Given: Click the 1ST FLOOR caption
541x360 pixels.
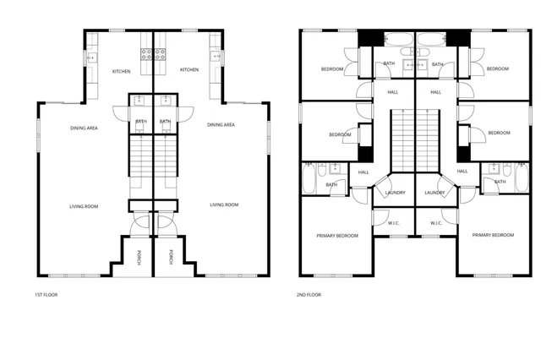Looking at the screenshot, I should (x=46, y=295).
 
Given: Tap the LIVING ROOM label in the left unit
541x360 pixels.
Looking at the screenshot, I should (x=84, y=206).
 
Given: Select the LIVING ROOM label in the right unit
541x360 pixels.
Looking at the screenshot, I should (x=224, y=205).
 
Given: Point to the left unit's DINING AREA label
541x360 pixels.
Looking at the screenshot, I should (x=84, y=128).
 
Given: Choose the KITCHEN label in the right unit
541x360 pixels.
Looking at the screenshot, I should (x=189, y=69).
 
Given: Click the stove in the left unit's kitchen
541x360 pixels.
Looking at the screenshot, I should (x=145, y=56).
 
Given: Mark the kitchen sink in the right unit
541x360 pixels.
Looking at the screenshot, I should (x=216, y=57).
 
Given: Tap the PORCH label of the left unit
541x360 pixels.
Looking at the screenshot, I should (x=140, y=257).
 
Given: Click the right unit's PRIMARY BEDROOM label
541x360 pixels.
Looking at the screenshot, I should (x=493, y=235).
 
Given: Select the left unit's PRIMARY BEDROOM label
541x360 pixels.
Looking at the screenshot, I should (x=336, y=235).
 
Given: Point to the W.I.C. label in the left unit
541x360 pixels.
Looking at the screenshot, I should (x=394, y=223).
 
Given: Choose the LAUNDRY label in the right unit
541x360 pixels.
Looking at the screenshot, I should (x=434, y=193).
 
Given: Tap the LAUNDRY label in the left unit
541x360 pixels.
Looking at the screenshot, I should (x=395, y=193).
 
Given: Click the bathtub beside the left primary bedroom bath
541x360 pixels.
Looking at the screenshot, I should (x=309, y=178).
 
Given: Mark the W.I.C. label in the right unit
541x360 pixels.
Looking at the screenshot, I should (x=436, y=223).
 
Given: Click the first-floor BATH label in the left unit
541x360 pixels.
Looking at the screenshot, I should (x=140, y=122).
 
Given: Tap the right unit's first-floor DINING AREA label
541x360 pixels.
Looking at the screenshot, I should (x=221, y=125).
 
